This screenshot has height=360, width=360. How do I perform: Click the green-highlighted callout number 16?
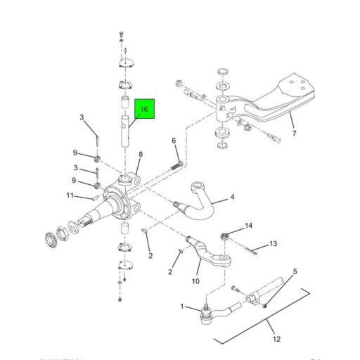point(144,110)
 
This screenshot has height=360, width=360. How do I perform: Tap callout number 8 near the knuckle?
point(141,155)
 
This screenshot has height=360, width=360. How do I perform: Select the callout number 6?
point(174,141)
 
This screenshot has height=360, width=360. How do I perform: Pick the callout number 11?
point(70,195)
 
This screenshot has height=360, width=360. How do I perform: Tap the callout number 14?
point(248,226)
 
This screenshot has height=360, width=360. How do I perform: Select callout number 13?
point(274,244)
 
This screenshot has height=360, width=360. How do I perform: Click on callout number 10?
point(196,282)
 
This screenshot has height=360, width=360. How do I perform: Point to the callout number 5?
point(295,271)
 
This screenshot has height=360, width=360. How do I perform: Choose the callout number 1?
point(182,307)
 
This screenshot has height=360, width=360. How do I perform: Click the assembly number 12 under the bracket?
point(276,340)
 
